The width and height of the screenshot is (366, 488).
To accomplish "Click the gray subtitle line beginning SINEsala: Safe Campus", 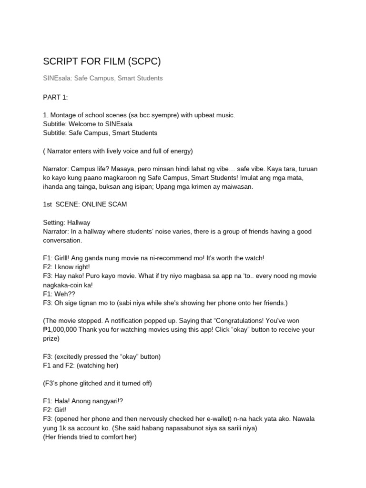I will click(102, 78).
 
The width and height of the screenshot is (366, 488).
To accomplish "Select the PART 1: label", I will click(55, 97).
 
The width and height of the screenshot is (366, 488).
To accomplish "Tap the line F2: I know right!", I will click(66, 267).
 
